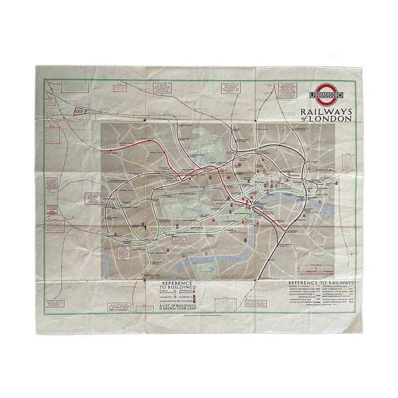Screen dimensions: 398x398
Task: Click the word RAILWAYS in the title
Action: click(x=323, y=112)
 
